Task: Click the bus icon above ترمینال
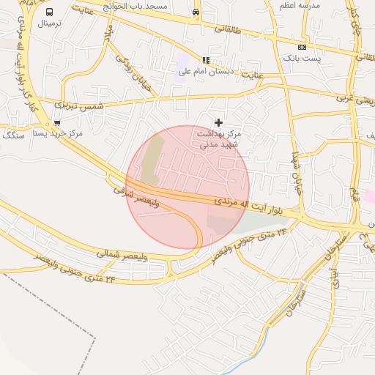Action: pyautogui.click(x=49, y=12)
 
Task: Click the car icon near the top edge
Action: pyautogui.click(x=196, y=12)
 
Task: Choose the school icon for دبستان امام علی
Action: pyautogui.click(x=206, y=60)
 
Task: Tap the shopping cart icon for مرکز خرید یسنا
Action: pyautogui.click(x=57, y=123)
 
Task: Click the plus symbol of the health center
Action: pyautogui.click(x=218, y=122)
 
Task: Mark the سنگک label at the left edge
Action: pyautogui.click(x=13, y=135)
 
